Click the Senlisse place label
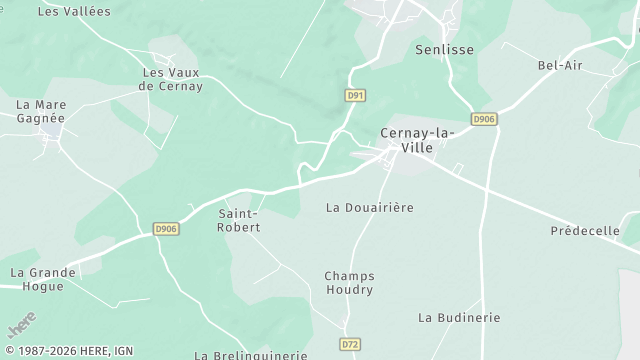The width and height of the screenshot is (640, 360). [444, 48]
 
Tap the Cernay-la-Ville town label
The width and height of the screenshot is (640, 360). [417, 140]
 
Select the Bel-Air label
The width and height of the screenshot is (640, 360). [560, 66]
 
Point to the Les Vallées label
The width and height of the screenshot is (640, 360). [74, 12]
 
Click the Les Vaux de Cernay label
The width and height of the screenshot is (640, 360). [172, 79]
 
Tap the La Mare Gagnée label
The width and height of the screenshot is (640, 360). [40, 111]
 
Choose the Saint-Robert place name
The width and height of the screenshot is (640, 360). [239, 220]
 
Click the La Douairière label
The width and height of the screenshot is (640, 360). [370, 208]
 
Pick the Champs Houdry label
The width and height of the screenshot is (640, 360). [348, 282]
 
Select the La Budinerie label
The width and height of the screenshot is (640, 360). [459, 318]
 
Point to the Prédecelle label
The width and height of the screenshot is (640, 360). [585, 231]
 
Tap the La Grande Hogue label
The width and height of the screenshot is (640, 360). [37, 279]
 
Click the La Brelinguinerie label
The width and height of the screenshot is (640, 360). [251, 354]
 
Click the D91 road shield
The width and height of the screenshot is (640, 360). [354, 95]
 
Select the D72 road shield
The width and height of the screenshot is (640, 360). [350, 345]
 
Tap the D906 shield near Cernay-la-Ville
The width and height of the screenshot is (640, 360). [484, 119]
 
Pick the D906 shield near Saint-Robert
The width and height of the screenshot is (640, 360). [166, 229]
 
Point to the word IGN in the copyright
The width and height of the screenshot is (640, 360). [123, 351]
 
